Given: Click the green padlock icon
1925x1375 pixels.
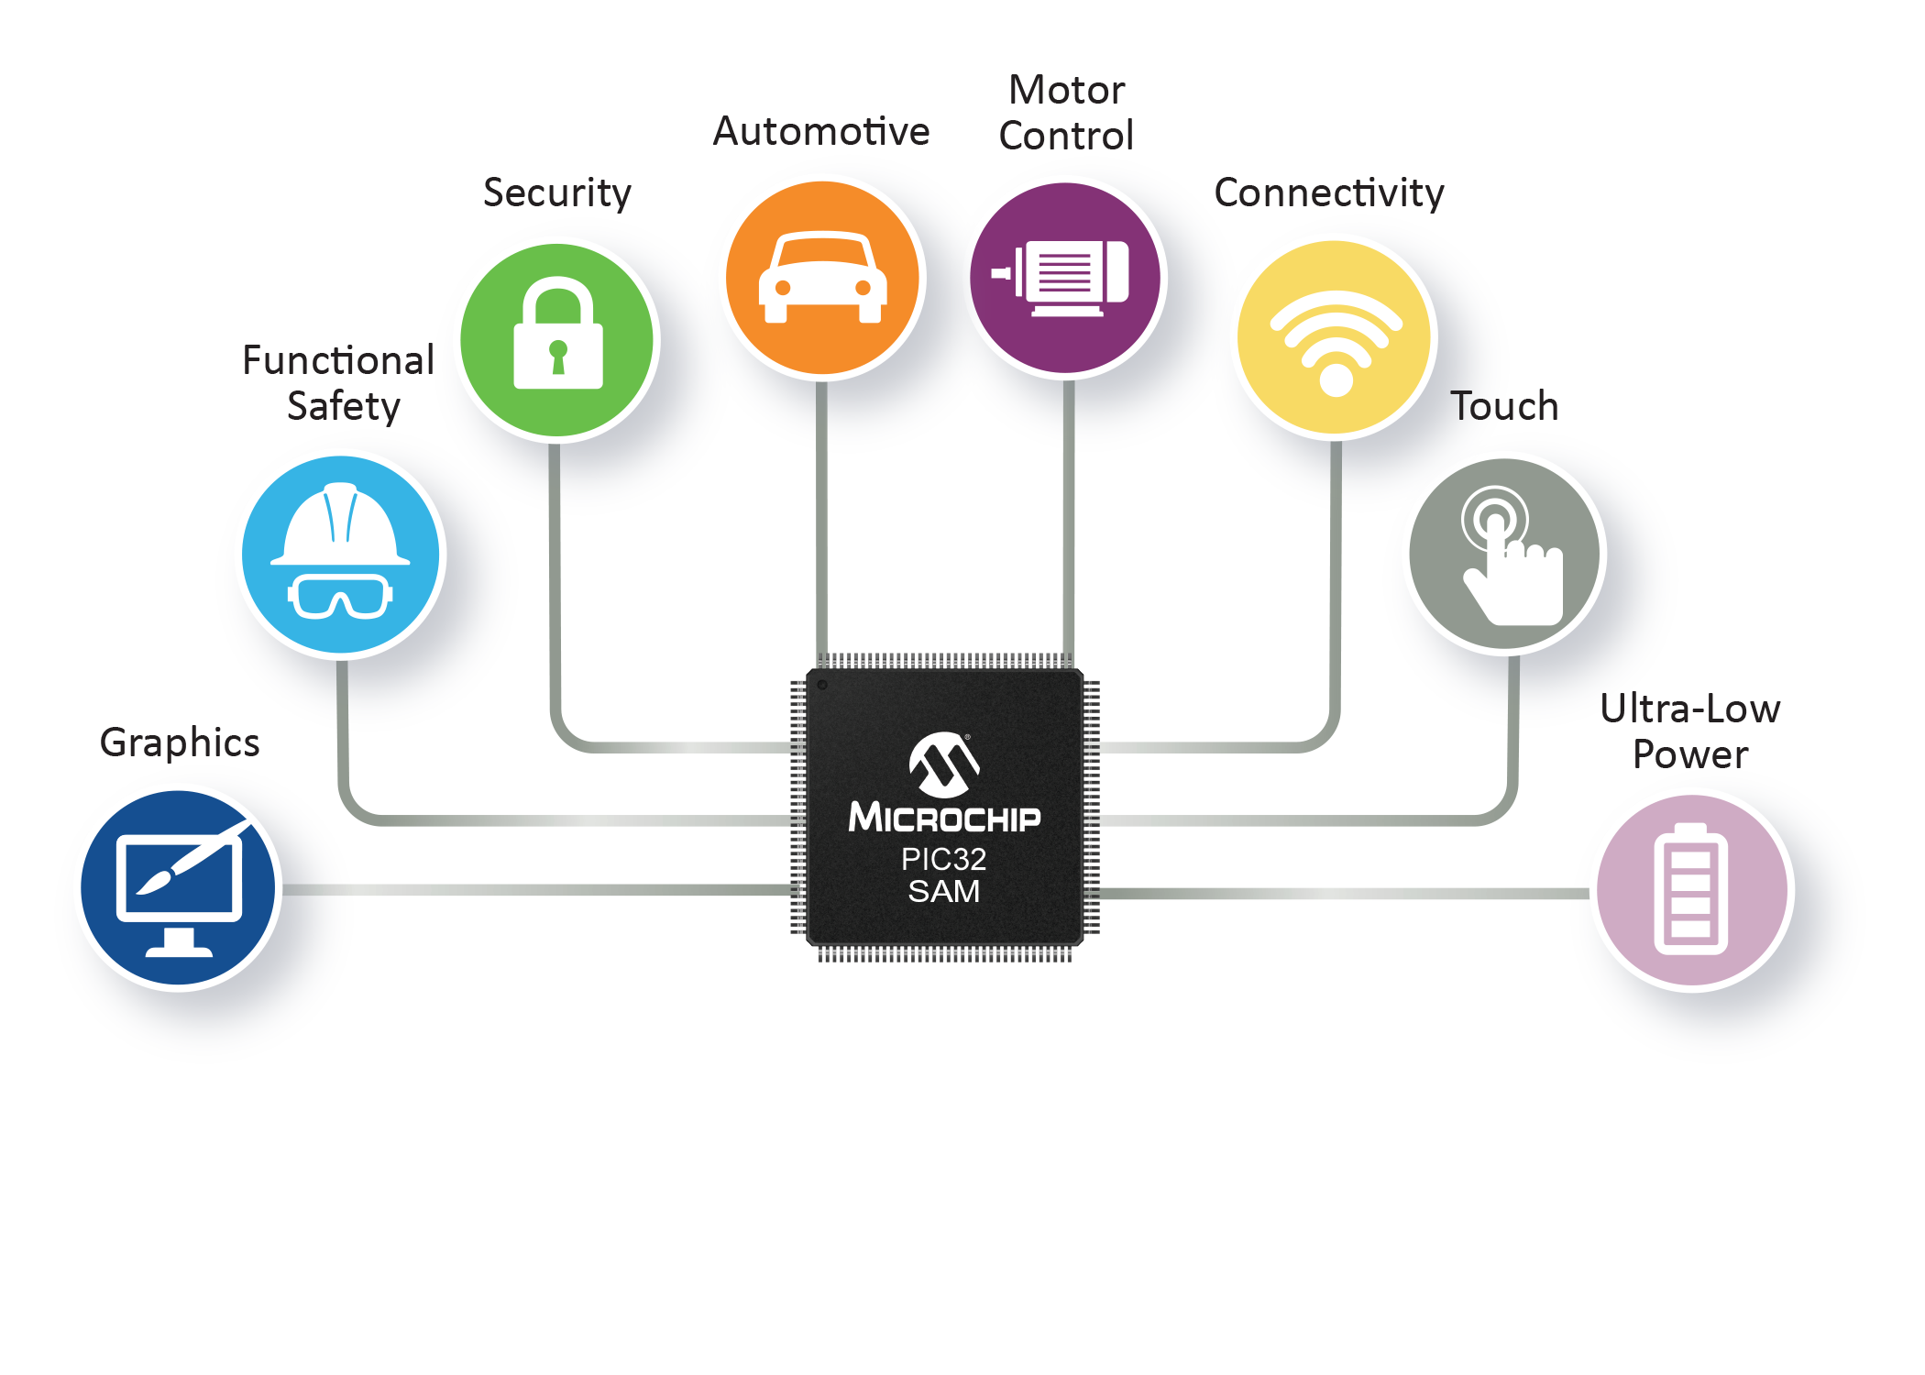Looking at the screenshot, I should click(x=557, y=340).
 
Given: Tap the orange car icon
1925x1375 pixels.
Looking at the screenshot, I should click(x=822, y=278).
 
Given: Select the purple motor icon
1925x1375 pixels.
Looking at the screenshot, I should click(x=1065, y=278).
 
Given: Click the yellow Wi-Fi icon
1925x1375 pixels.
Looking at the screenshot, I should click(x=1335, y=336).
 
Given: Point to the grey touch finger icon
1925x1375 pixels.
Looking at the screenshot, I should click(x=1504, y=554).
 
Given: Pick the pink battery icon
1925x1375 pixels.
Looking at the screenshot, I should click(x=1691, y=889).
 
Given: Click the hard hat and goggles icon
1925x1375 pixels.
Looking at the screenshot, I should click(x=340, y=555).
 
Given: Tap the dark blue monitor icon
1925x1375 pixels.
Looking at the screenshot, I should click(x=178, y=887).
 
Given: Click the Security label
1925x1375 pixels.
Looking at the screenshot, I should click(x=557, y=193).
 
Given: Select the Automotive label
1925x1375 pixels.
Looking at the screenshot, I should click(x=821, y=132).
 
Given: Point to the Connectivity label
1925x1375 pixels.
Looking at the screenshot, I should click(x=1329, y=193).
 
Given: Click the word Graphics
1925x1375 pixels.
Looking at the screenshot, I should click(x=180, y=742).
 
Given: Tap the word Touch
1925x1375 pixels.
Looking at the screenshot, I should click(x=1504, y=406).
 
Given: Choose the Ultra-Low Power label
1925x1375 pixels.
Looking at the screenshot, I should click(x=1690, y=731).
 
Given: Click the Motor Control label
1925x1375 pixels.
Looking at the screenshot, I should click(x=1066, y=113).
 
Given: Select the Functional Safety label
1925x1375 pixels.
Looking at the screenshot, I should click(x=339, y=383).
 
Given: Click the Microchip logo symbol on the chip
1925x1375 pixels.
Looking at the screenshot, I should click(x=943, y=764).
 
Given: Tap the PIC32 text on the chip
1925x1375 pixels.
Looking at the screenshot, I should click(x=943, y=859).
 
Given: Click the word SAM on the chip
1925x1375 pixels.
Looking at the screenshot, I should click(x=943, y=891).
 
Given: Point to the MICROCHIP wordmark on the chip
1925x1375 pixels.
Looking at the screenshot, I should click(x=944, y=818).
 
